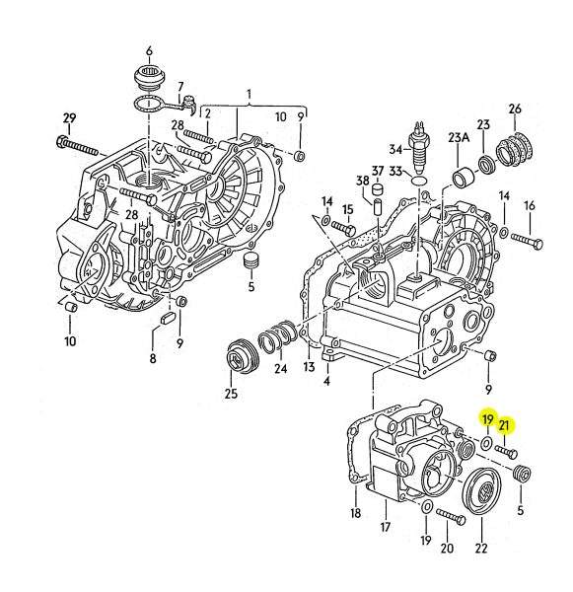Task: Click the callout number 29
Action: pyautogui.click(x=69, y=118)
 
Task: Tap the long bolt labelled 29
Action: pyautogui.click(x=77, y=146)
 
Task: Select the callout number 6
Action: pyautogui.click(x=149, y=51)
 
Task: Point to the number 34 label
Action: pyautogui.click(x=395, y=149)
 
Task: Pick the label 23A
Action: pyautogui.click(x=459, y=137)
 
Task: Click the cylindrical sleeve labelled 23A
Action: pyautogui.click(x=462, y=176)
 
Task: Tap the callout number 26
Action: pyautogui.click(x=515, y=110)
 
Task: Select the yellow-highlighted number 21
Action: pyautogui.click(x=504, y=426)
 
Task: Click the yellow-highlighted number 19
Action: pyautogui.click(x=488, y=419)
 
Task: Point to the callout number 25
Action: pyautogui.click(x=231, y=394)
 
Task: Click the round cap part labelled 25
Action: pyautogui.click(x=243, y=356)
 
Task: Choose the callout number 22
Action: pyautogui.click(x=481, y=548)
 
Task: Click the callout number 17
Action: pyautogui.click(x=385, y=527)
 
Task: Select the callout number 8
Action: pyautogui.click(x=153, y=358)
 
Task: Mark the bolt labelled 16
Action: pyautogui.click(x=528, y=241)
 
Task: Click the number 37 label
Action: pyautogui.click(x=378, y=172)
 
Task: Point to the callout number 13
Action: pyautogui.click(x=309, y=366)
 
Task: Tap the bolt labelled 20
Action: pyautogui.click(x=451, y=516)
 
